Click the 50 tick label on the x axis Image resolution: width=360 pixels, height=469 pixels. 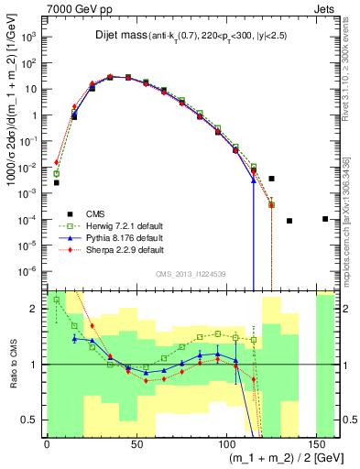point(137,444)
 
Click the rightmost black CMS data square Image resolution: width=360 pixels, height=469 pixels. point(326,218)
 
